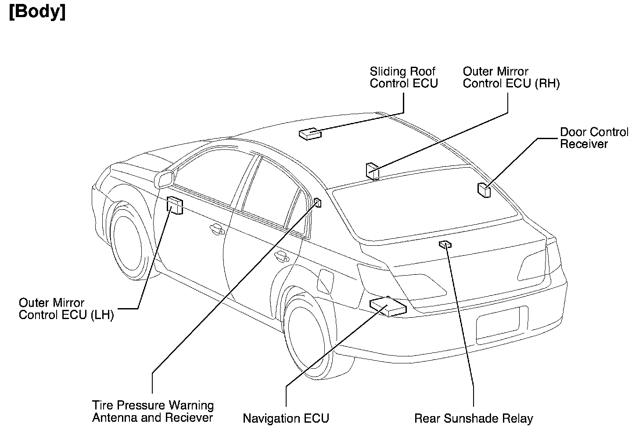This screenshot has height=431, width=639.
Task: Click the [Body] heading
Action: [x=37, y=12]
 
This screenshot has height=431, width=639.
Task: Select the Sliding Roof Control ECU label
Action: [x=403, y=77]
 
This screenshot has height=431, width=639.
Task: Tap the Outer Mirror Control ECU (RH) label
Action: [x=511, y=77]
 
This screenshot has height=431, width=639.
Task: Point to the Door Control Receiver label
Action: [x=594, y=138]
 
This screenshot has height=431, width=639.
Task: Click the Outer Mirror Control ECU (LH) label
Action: [x=66, y=309]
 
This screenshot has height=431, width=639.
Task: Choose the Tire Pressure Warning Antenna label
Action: [x=153, y=411]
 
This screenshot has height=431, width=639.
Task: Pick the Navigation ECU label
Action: [x=286, y=418]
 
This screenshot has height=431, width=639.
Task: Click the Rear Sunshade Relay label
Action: [x=473, y=418]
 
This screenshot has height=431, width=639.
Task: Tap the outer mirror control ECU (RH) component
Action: [x=372, y=171]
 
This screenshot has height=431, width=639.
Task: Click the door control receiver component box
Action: [x=484, y=190]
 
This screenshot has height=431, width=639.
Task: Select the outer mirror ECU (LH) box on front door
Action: [x=175, y=205]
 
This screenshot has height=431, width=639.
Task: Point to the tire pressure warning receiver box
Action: [x=318, y=202]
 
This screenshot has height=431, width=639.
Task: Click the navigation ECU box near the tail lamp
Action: [x=388, y=305]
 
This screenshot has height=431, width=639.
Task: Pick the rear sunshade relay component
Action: [x=445, y=244]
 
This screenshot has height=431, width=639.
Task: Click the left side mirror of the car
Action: [x=164, y=179]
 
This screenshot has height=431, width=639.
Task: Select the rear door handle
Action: [x=281, y=256]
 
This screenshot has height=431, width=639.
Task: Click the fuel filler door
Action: [x=325, y=281]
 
